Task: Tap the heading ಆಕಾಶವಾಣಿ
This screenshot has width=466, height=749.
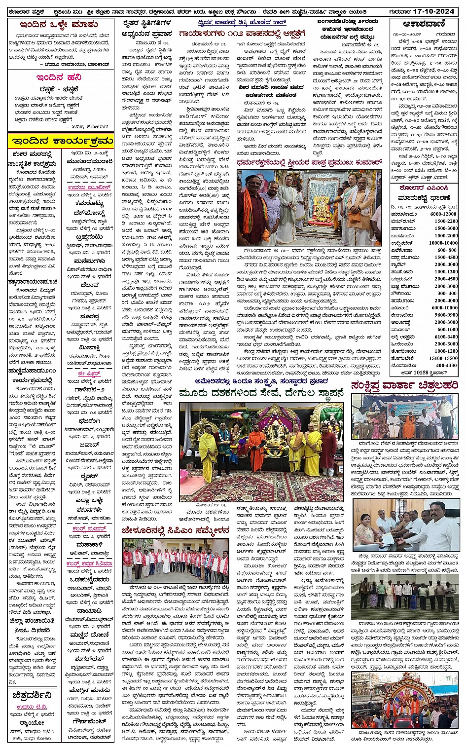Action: point(424,24)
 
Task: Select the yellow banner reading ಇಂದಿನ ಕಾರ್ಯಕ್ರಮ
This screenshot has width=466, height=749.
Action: point(61,142)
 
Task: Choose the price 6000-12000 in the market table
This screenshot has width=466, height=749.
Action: point(443,214)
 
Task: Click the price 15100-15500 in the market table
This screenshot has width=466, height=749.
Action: point(443,358)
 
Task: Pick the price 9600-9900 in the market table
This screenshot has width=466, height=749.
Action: point(446,315)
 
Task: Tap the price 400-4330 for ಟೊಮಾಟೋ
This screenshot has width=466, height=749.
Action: point(446,366)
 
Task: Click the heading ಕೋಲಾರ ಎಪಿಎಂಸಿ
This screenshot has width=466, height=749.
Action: point(423,187)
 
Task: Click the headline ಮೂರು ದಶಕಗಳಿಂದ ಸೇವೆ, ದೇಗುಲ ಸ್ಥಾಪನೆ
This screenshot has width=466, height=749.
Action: point(261,393)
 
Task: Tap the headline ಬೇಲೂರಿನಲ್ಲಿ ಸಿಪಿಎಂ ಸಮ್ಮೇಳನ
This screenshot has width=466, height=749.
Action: point(175,531)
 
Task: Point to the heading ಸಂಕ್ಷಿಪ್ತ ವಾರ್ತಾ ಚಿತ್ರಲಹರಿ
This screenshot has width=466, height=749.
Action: point(404,385)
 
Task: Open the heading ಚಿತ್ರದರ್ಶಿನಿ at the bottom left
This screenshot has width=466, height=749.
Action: point(32,695)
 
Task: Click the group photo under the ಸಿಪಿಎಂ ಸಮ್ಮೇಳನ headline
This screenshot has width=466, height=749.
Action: point(175,561)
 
